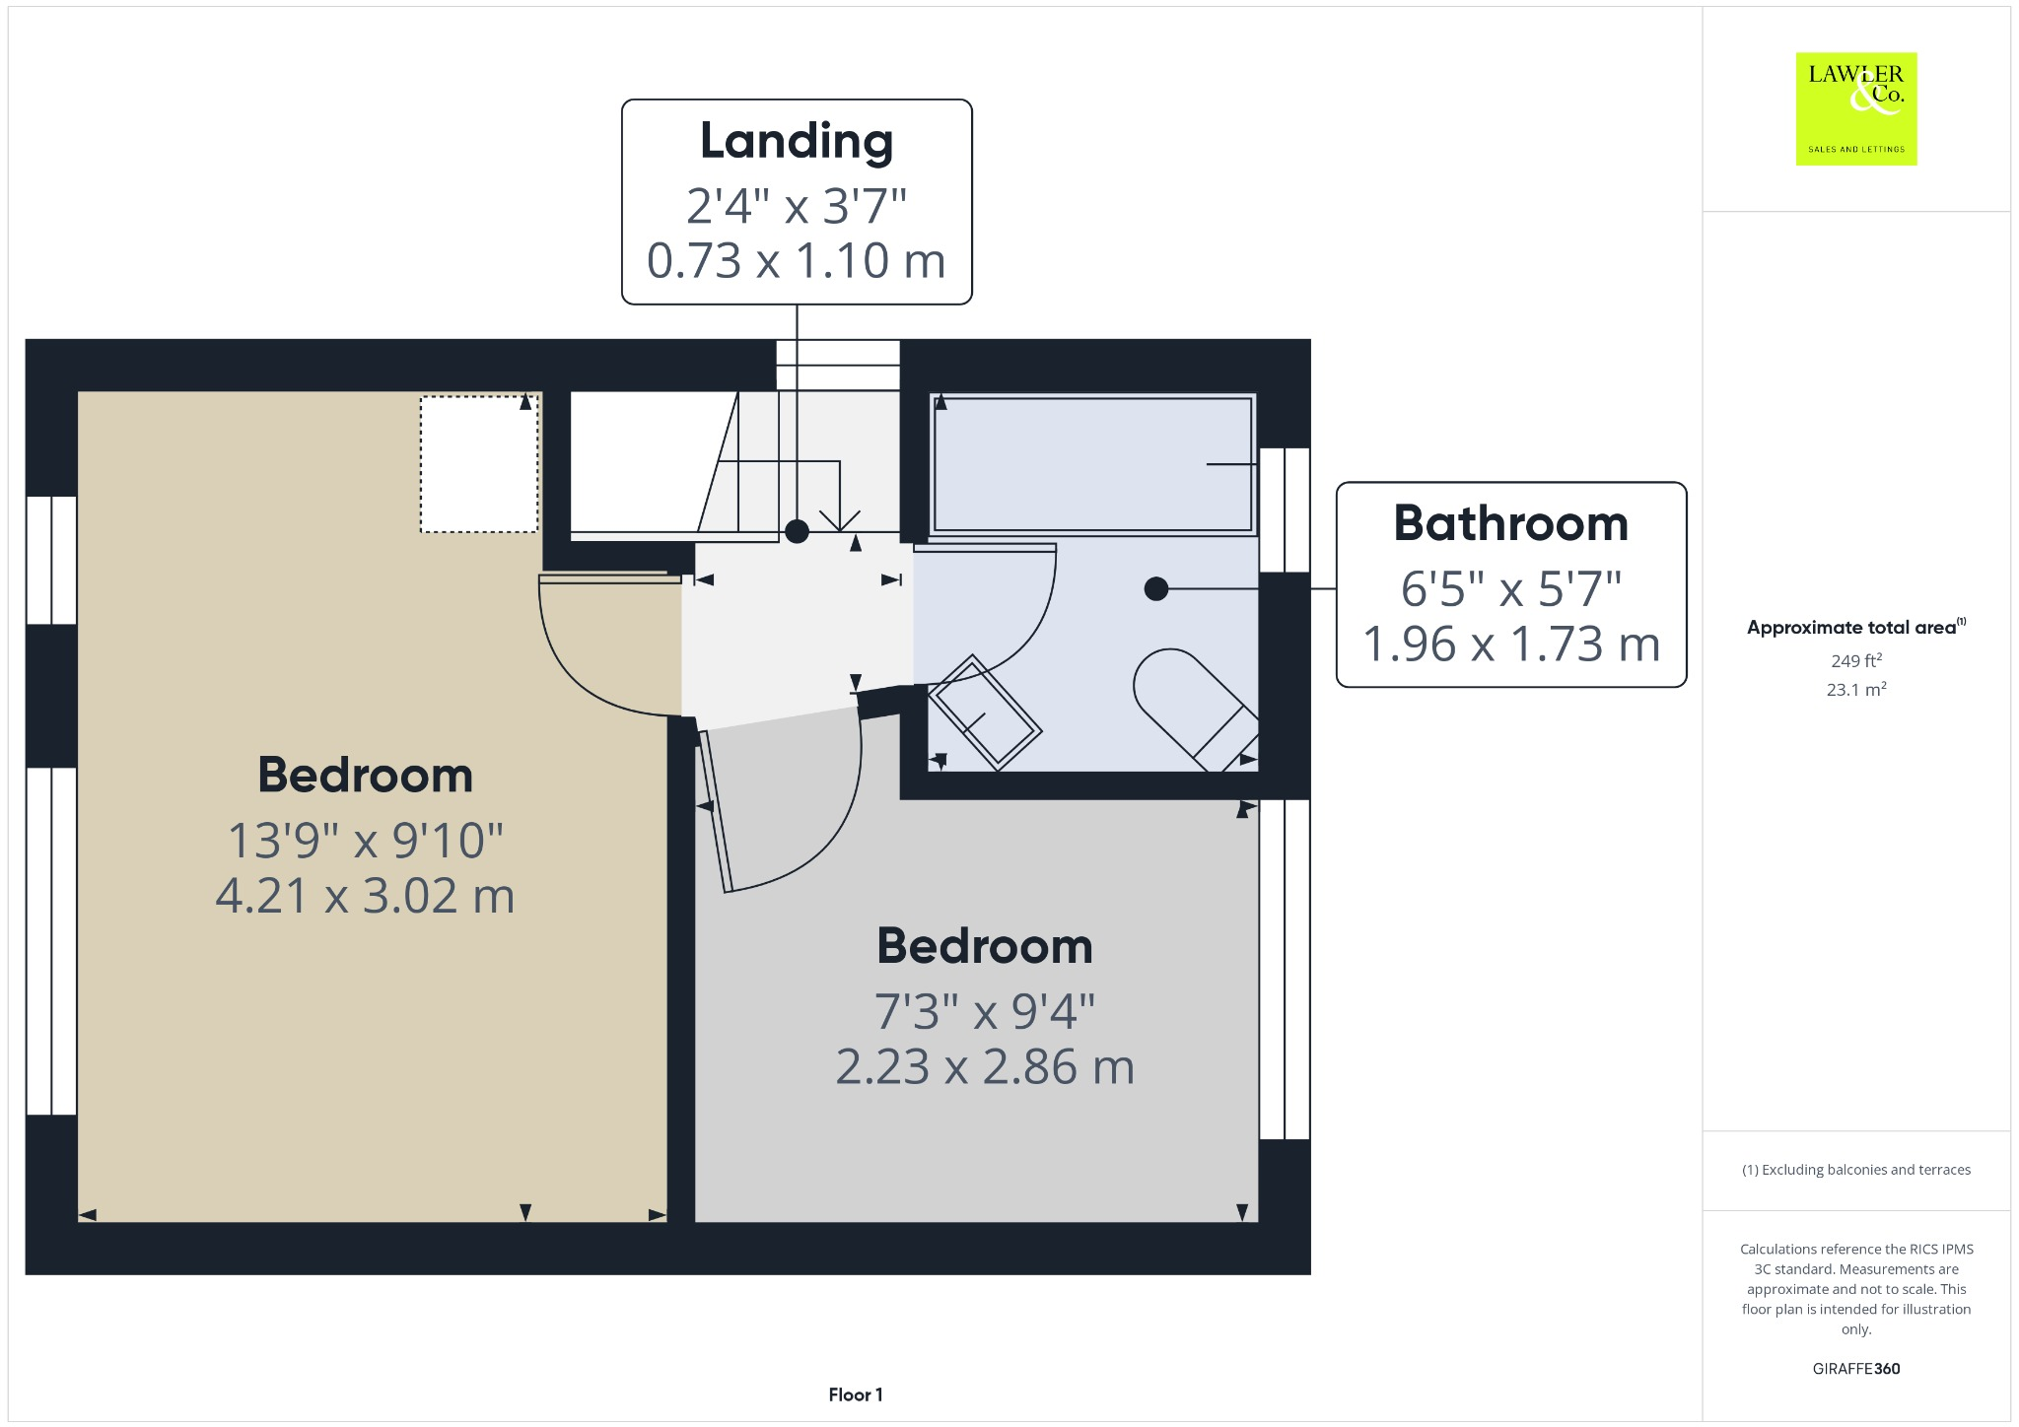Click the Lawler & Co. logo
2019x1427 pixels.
1855,108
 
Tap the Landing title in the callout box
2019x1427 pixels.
797,141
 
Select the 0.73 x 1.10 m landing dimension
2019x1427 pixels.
797,261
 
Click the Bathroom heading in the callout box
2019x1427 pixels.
1510,523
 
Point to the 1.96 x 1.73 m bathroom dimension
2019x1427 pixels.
1510,645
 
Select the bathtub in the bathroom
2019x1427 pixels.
1092,464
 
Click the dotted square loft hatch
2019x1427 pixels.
479,464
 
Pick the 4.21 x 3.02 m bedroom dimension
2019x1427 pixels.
365,896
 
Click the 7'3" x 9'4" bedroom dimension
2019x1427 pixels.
984,1011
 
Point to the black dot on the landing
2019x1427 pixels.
797,532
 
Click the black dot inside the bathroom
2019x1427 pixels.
1155,589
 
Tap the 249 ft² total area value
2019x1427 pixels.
1855,660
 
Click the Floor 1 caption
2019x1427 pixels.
855,1394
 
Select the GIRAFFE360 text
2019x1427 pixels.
1855,1368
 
